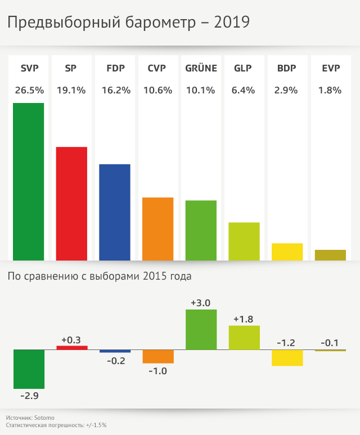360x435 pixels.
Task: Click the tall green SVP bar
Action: (28, 181)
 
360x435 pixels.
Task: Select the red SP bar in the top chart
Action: (71, 203)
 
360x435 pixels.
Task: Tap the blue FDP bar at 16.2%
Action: (115, 212)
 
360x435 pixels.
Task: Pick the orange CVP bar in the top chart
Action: (158, 228)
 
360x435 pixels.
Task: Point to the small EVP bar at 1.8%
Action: (330, 255)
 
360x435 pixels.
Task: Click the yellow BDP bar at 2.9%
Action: (287, 252)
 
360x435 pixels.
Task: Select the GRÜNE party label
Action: (201, 69)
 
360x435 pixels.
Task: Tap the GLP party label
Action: (243, 69)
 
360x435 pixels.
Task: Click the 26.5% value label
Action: (29, 90)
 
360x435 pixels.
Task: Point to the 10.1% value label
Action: (201, 90)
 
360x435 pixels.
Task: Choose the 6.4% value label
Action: (244, 90)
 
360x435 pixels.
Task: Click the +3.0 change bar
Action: (201, 329)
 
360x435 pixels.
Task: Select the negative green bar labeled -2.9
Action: (29, 369)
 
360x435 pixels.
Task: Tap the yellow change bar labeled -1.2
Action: (287, 358)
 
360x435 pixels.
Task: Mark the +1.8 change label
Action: (244, 319)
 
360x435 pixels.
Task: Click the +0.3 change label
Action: (71, 339)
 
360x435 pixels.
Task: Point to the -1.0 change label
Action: (158, 371)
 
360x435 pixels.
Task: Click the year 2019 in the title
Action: (232, 23)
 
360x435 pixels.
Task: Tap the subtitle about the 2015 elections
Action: (99, 276)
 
